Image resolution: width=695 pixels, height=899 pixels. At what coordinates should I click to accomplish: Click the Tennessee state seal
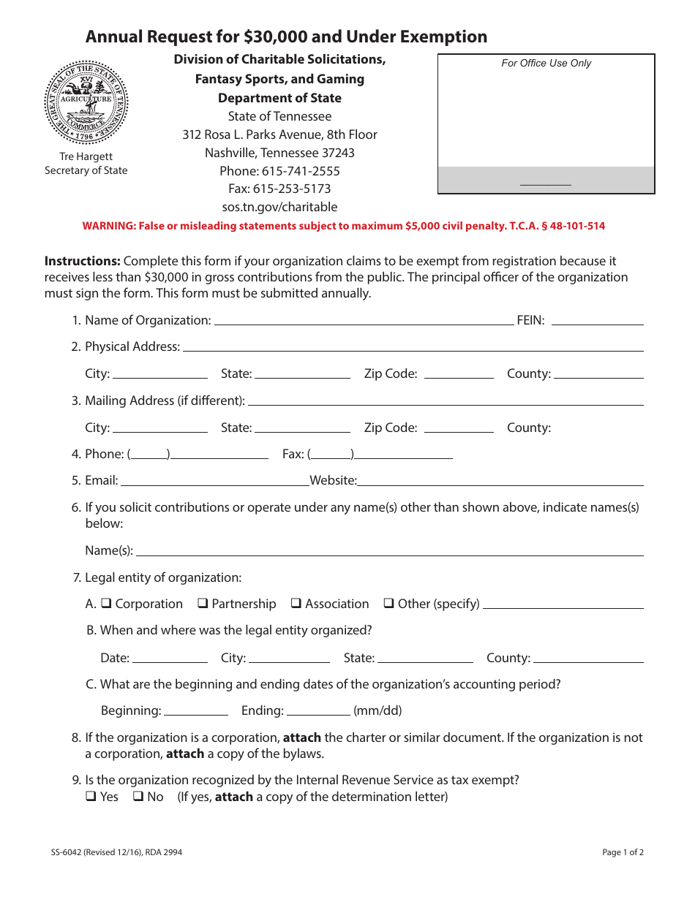tap(86, 103)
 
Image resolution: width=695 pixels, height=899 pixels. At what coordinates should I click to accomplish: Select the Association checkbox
tap(296, 604)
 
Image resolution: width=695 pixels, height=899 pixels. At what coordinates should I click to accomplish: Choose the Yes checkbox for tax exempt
tap(91, 797)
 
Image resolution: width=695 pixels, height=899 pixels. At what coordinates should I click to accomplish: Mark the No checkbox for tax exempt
tap(138, 797)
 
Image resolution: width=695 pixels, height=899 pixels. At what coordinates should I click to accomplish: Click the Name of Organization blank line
tap(363, 322)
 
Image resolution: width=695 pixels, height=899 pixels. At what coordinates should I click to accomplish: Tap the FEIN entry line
tap(598, 322)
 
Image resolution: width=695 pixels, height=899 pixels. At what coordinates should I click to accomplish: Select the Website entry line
tap(500, 483)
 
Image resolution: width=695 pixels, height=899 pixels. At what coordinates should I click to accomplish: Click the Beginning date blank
tap(196, 713)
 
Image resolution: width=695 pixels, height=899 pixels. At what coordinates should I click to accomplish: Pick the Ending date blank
tap(318, 713)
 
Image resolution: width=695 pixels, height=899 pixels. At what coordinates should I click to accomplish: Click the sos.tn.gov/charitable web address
tap(279, 208)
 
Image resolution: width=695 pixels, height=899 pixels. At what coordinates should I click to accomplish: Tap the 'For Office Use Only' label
tap(546, 64)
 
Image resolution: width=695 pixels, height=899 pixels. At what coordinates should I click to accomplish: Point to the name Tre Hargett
tap(86, 156)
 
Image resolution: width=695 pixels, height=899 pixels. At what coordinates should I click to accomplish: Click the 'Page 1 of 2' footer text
tap(623, 852)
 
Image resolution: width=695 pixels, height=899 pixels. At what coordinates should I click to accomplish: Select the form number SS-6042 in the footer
tap(66, 852)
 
